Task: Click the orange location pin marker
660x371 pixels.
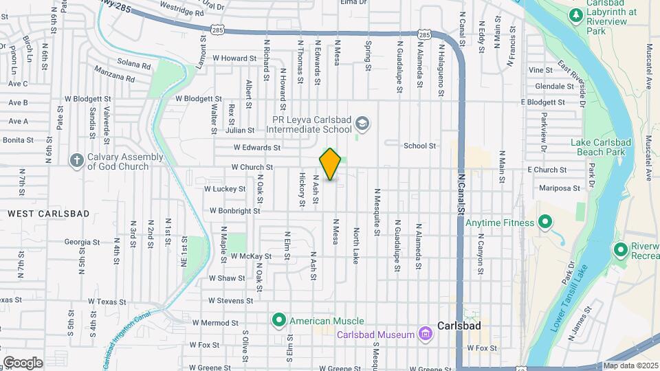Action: tap(331, 164)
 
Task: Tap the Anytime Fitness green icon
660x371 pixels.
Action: tap(545, 223)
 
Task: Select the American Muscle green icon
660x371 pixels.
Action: tap(279, 321)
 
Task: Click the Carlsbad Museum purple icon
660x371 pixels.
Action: tap(426, 335)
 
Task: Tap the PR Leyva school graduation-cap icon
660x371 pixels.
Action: tap(362, 124)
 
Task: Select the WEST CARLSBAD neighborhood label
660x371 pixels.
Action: tap(49, 214)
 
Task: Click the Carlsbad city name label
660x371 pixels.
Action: tap(459, 325)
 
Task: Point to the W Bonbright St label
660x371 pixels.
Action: tap(234, 211)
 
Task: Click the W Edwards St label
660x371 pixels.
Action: tap(256, 147)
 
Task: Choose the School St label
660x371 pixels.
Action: tap(420, 146)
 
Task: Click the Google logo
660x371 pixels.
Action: tap(23, 362)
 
